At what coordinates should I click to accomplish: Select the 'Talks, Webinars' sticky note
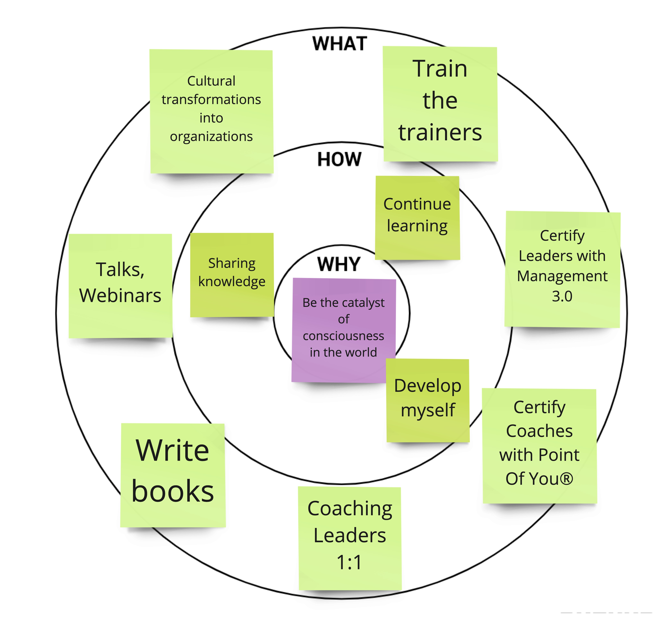click(120, 286)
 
